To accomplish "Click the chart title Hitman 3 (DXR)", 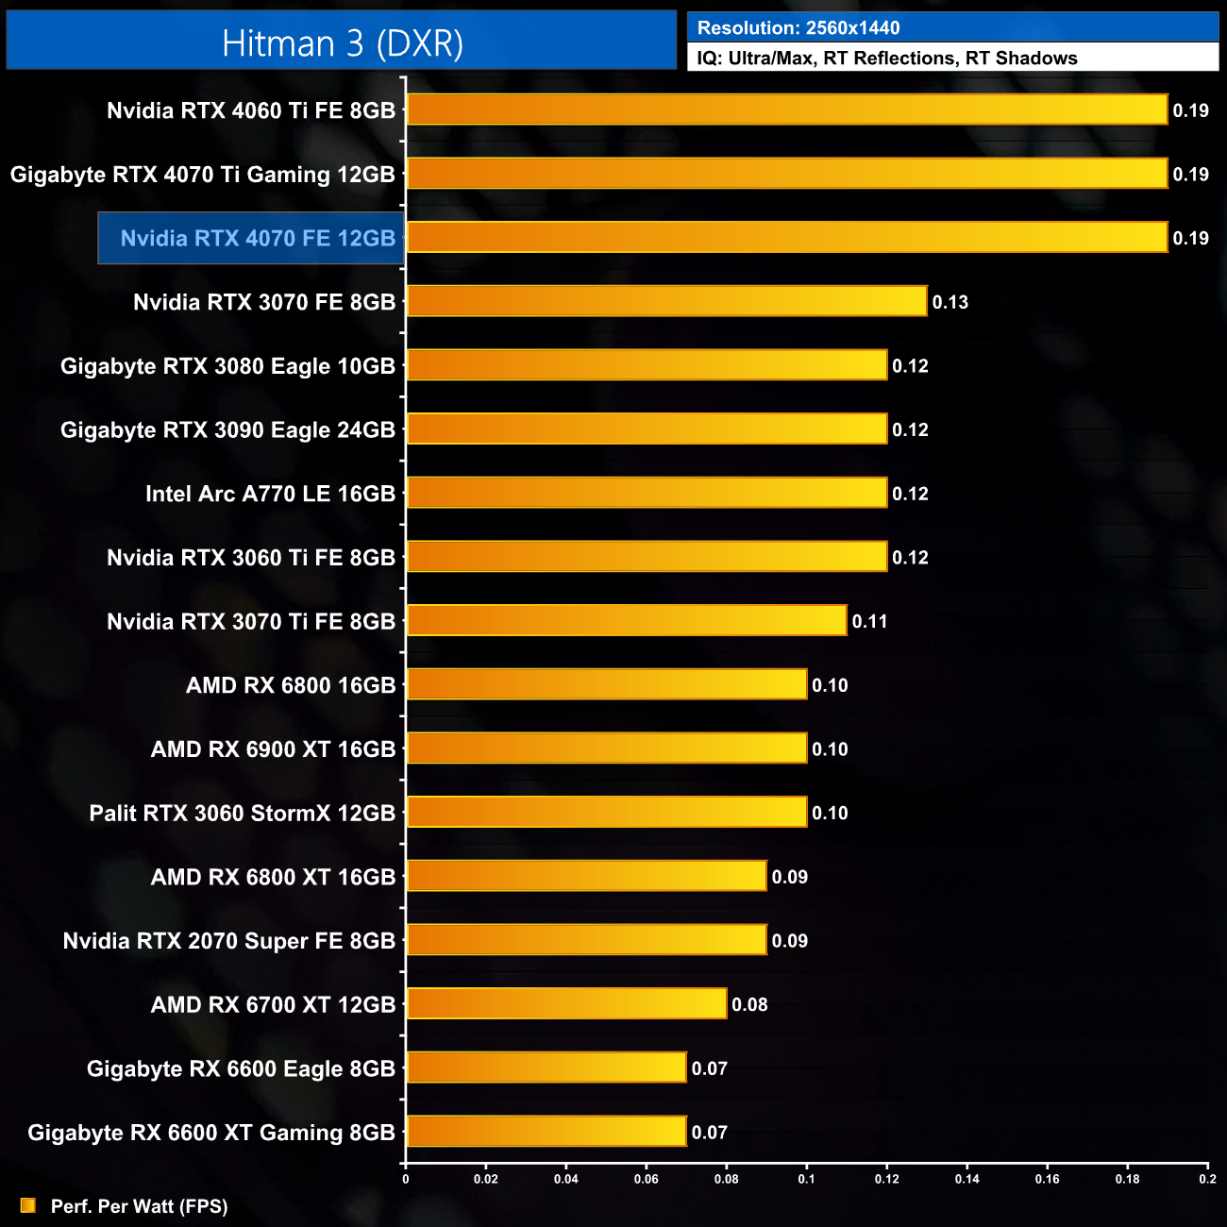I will [342, 43].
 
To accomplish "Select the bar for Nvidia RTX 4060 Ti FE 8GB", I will [786, 109].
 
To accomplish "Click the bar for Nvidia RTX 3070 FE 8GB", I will [666, 301].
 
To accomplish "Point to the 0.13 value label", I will [950, 302].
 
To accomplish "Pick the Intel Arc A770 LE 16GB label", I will [270, 494].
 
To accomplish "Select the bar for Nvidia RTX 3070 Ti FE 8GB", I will [626, 620].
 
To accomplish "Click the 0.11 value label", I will [869, 621].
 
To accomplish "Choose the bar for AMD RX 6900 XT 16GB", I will [606, 748].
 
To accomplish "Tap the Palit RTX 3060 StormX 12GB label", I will [242, 813].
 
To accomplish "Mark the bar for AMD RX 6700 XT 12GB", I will [566, 1003].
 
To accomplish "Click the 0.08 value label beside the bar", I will [749, 1004].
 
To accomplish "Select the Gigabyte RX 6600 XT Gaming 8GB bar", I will [546, 1131].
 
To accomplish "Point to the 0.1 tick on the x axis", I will [806, 1179].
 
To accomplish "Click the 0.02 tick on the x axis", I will [486, 1179].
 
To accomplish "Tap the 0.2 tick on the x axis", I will [1207, 1179].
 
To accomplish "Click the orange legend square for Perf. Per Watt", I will [28, 1205].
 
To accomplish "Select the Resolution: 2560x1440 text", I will [798, 28].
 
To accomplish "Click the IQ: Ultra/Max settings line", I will [886, 59].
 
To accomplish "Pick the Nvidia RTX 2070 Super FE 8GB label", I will [228, 941].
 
